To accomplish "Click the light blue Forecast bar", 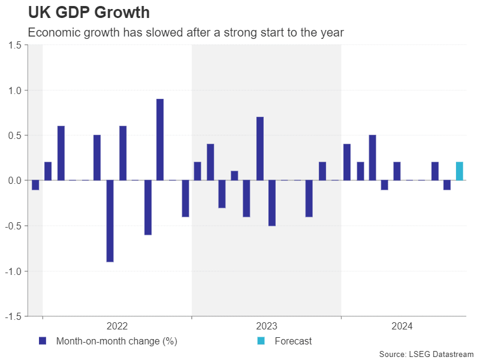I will [460, 171].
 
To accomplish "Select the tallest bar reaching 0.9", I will [160, 140].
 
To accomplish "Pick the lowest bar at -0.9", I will [110, 221].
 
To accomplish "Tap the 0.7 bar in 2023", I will [260, 149].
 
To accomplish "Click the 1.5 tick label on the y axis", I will [15, 46].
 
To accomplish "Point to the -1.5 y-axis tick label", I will [13, 316].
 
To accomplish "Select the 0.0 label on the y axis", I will [15, 181].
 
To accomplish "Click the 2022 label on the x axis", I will [117, 326].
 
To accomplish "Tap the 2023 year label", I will [267, 326].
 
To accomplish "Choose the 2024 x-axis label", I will [402, 326].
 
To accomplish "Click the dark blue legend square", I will [43, 341].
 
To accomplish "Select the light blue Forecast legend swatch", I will [261, 341].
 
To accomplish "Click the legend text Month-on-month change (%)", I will [116, 341].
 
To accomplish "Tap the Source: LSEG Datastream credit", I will [426, 354].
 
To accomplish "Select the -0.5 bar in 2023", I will [272, 203].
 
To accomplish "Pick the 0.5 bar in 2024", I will [373, 158].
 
